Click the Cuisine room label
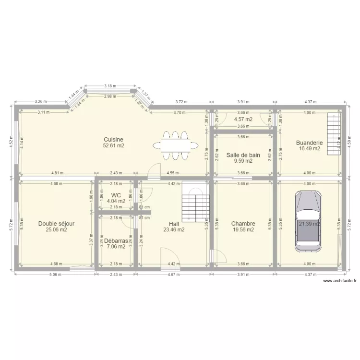[114, 139]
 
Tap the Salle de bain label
[243, 155]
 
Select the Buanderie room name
[309, 143]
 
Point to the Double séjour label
[56, 223]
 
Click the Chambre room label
[243, 223]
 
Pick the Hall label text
[174, 223]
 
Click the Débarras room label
[116, 240]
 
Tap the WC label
[116, 195]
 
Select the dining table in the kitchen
[175, 144]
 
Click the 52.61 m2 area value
[114, 145]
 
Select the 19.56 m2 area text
[243, 230]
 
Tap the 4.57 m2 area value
[243, 119]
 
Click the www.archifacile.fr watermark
[340, 281]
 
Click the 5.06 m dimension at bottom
[55, 275]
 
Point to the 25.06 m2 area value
[56, 230]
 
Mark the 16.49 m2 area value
[309, 149]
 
